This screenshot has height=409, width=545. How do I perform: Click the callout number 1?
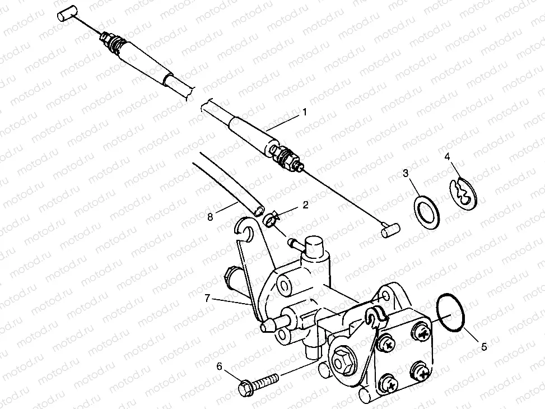point(305,113)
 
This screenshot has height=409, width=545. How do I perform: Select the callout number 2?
point(305,204)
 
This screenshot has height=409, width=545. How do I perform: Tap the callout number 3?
point(406,173)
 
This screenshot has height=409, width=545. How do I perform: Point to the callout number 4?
point(448,156)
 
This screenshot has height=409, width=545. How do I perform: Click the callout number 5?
point(484,346)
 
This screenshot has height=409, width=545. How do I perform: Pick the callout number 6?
point(219,366)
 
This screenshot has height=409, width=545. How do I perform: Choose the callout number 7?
point(207,298)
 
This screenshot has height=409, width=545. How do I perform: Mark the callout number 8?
point(209,217)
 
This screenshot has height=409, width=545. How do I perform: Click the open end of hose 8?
point(259,211)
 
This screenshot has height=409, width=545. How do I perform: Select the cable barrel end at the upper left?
point(66,16)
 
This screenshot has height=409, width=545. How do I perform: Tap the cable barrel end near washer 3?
point(390,230)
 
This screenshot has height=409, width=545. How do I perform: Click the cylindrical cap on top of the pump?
point(314,245)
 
